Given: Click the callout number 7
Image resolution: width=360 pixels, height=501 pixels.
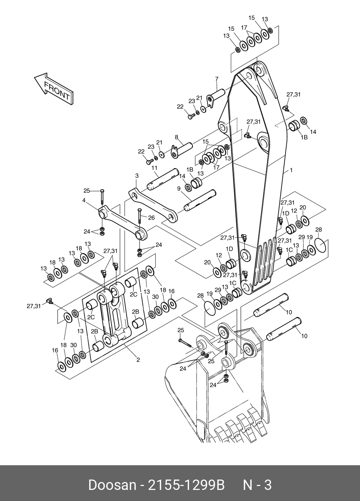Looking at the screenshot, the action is click(217, 79).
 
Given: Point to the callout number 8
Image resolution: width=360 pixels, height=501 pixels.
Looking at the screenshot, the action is click(176, 137).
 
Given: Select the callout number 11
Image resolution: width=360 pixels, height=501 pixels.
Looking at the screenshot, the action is click(155, 168).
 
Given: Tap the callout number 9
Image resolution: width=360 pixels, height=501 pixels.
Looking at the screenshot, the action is click(179, 188).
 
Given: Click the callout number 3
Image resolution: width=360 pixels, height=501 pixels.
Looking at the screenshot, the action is click(137, 176).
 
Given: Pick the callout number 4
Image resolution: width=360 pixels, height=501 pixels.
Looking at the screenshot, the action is click(84, 200).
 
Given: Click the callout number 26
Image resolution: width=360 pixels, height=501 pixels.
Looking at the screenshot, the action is click(152, 218).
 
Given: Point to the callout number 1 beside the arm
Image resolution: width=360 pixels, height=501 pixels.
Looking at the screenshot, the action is click(291, 170).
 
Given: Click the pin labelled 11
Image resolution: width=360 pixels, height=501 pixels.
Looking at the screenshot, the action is click(163, 179).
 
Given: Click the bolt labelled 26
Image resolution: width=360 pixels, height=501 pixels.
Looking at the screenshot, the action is click(140, 216).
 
